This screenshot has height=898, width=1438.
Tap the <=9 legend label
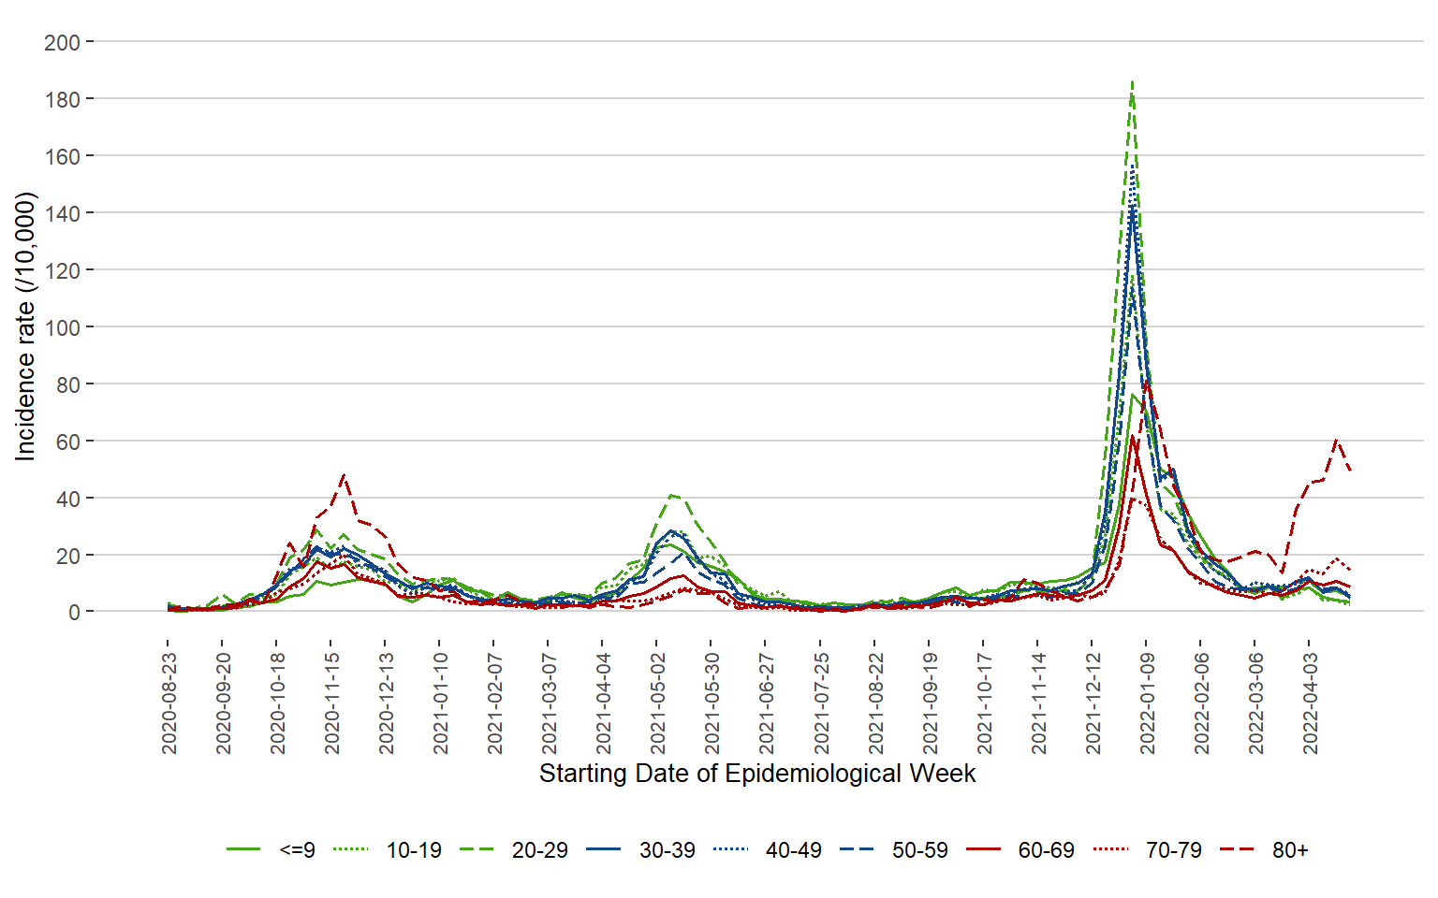click(297, 850)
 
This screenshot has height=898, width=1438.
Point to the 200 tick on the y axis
click(62, 42)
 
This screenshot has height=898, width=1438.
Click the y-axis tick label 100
click(62, 327)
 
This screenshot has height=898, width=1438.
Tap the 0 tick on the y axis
click(73, 613)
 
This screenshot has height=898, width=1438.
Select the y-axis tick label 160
click(62, 156)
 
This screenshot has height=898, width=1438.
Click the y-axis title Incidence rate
click(25, 326)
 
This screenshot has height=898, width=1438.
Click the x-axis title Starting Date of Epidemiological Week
click(757, 774)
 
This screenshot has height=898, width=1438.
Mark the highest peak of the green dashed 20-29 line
click(1133, 81)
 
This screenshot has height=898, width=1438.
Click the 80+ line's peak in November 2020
click(345, 475)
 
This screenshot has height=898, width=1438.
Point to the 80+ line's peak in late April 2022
click(1336, 440)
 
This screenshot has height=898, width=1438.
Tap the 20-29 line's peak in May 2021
click(672, 495)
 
